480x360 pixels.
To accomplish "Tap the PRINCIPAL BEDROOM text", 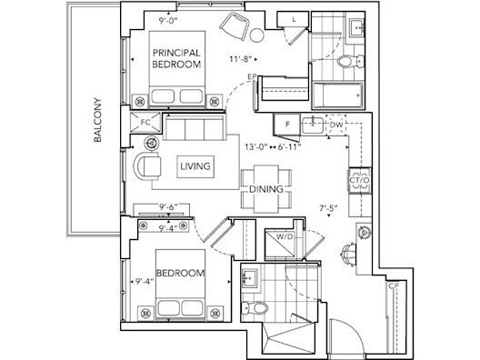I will pyautogui.click(x=175, y=59).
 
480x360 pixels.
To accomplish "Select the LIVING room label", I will pyautogui.click(x=195, y=166).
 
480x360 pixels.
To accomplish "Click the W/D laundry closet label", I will pyautogui.click(x=285, y=239).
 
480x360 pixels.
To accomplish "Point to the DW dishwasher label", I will pyautogui.click(x=335, y=125).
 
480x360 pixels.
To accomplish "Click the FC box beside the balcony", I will pyautogui.click(x=145, y=121).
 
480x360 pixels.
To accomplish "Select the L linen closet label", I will pyautogui.click(x=295, y=17).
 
